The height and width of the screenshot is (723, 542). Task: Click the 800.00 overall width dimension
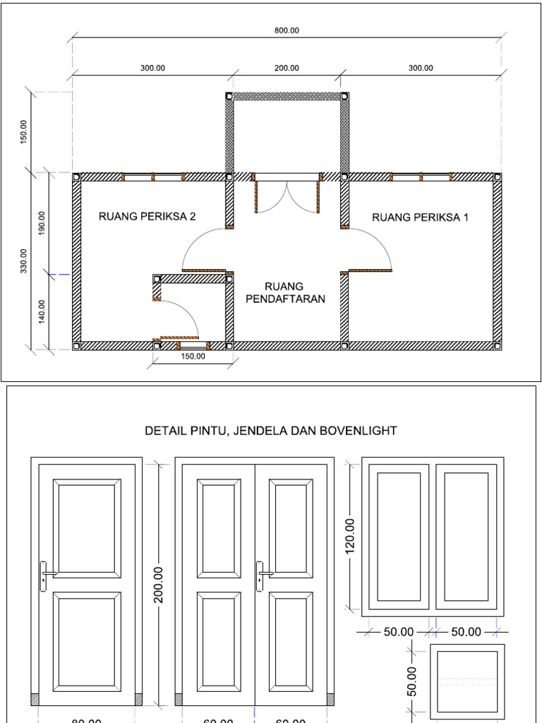pyautogui.click(x=287, y=30)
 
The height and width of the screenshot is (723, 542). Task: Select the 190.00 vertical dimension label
pyautogui.click(x=42, y=222)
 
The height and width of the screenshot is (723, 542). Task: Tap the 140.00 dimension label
pyautogui.click(x=42, y=311)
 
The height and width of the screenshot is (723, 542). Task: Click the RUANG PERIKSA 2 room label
pyautogui.click(x=147, y=217)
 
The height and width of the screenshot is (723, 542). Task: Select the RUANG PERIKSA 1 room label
pyautogui.click(x=420, y=217)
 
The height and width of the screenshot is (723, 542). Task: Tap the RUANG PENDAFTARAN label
pyautogui.click(x=285, y=292)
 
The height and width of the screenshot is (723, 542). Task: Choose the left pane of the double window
pyautogui.click(x=399, y=535)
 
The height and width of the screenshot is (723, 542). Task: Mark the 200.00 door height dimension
pyautogui.click(x=159, y=585)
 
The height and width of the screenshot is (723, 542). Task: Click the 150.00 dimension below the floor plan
pyautogui.click(x=193, y=357)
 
